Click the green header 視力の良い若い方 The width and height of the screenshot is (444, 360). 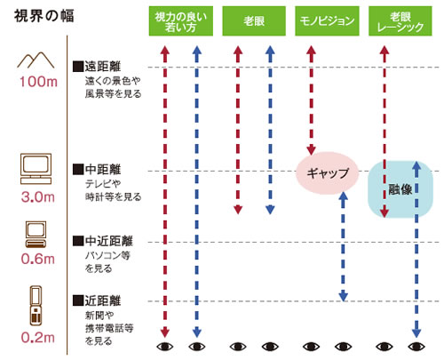tap(180, 21)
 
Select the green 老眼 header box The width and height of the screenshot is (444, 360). tap(254, 21)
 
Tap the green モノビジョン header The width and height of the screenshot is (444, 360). tap(327, 21)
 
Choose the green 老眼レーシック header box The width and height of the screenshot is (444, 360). tap(400, 21)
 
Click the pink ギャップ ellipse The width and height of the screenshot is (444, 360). tap(328, 172)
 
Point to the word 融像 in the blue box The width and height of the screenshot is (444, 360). tap(400, 189)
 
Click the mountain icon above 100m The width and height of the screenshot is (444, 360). tap(36, 60)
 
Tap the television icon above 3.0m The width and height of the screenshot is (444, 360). tap(36, 169)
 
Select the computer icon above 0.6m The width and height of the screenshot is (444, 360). tap(36, 234)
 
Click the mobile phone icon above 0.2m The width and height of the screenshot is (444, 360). tap(36, 306)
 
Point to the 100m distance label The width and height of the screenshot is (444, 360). tap(38, 82)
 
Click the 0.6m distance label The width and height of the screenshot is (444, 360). tap(38, 259)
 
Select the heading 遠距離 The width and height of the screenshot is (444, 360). tap(102, 67)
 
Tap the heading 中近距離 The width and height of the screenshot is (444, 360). tap(108, 241)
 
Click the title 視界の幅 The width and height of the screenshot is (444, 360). tap(44, 16)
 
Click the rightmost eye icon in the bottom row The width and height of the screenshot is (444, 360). tap(416, 346)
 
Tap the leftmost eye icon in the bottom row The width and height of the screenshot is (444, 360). tap(165, 346)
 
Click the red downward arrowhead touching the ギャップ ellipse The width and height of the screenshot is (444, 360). tap(311, 150)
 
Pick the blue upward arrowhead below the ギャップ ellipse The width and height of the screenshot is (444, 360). tap(343, 196)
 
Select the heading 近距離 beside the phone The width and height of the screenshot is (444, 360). tap(102, 300)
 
